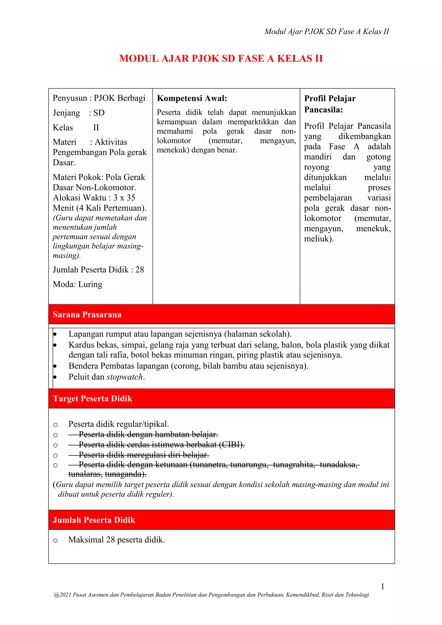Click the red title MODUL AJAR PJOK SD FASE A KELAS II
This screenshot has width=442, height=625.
[x=221, y=58]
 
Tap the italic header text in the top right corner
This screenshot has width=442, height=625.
[x=327, y=32]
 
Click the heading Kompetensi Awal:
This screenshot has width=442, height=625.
[x=192, y=98]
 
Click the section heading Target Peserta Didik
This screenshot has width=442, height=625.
[x=93, y=399]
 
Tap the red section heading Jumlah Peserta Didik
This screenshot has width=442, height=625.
[x=94, y=520]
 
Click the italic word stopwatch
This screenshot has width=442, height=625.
[x=125, y=377]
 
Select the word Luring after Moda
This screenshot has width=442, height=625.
[x=90, y=284]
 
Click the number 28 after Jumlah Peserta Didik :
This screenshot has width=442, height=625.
[x=140, y=270]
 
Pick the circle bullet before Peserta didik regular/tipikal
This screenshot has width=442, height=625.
[x=55, y=425]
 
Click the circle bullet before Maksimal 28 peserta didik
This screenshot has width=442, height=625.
[x=55, y=540]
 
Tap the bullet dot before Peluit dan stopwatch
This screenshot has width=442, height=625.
[x=55, y=377]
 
